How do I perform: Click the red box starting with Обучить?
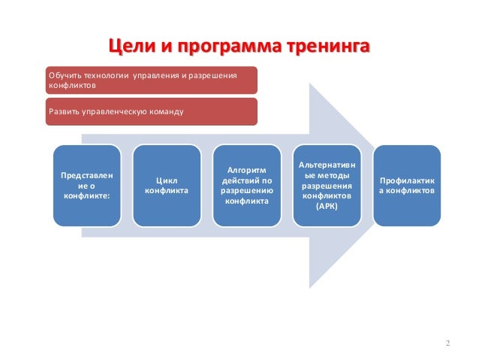[151, 80]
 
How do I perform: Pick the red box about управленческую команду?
[151, 111]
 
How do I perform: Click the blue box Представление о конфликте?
[86, 186]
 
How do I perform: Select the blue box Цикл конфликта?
[167, 186]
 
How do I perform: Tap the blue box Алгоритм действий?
[246, 186]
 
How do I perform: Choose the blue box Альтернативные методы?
[327, 186]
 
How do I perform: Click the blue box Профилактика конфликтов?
[407, 186]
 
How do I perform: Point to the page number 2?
[447, 344]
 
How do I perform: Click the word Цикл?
[167, 180]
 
